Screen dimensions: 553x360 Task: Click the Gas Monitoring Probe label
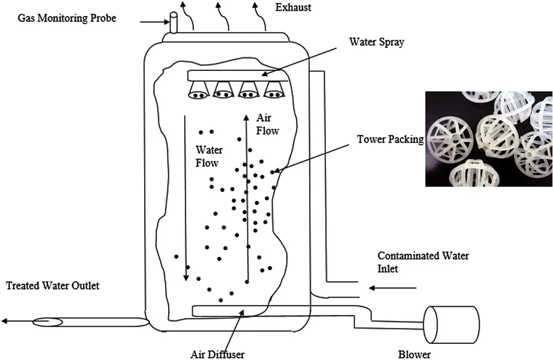67,18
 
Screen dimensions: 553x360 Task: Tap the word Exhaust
293,7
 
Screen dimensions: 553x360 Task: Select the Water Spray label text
376,42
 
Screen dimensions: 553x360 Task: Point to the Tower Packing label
390,139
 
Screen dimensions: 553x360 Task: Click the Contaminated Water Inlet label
423,262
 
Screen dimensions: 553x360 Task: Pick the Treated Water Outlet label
53,285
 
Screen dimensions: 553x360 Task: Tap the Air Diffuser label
217,354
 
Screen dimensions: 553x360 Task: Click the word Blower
414,355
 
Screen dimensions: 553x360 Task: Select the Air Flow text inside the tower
267,124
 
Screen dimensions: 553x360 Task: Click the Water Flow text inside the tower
209,156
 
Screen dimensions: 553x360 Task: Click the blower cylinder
452,325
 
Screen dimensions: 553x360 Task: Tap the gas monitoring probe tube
173,23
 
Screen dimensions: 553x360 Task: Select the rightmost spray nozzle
274,90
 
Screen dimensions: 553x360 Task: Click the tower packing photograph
489,139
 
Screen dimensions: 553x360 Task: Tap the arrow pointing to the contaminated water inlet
393,288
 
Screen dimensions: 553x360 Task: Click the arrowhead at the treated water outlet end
4,321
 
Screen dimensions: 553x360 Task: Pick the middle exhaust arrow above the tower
222,16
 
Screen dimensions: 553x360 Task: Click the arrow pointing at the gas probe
155,22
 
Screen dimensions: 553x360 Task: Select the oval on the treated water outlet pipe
47,322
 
